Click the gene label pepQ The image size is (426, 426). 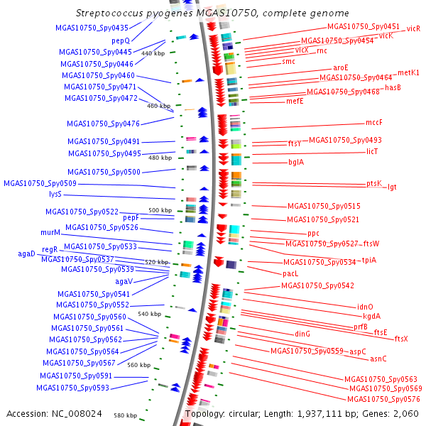point(120,41)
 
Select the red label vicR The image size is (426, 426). point(413,29)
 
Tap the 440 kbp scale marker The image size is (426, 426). point(153,53)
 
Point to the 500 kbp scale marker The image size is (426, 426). point(160,210)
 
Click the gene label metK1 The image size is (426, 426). point(408,72)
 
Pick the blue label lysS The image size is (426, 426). point(55,194)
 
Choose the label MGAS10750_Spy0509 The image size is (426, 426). point(40,183)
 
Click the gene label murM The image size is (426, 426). point(50,232)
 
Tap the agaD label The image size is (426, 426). point(26,253)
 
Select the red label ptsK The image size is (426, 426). point(374,183)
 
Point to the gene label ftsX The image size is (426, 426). point(401,339)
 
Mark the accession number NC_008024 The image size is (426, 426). point(55,413)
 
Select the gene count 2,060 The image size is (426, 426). point(405,413)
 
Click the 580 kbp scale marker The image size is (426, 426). point(125,415)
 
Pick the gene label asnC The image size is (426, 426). point(378,359)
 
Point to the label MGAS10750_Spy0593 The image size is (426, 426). point(75,388)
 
